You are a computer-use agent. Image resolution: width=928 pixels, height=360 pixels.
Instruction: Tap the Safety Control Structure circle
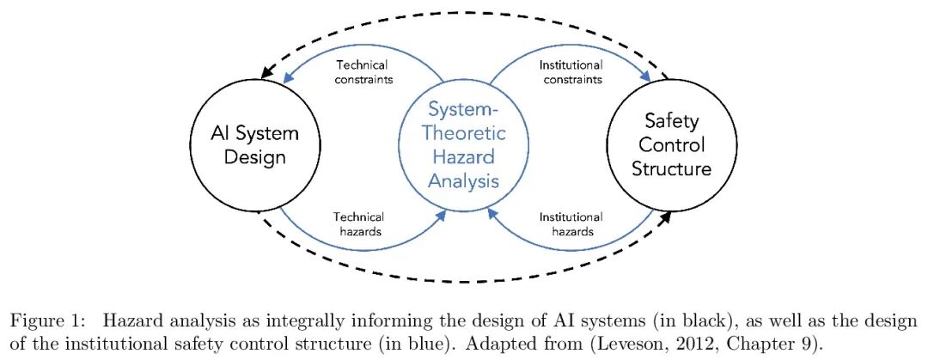coord(671,145)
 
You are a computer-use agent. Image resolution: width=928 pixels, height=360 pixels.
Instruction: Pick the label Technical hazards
coord(358,223)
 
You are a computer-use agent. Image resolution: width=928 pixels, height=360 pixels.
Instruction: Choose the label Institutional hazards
coord(571,223)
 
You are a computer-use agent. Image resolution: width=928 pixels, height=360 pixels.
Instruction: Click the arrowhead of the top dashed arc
coord(267,72)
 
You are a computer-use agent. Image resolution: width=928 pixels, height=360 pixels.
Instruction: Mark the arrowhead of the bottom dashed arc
coord(663,218)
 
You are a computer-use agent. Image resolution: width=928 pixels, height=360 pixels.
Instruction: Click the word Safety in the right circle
coord(671,121)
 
